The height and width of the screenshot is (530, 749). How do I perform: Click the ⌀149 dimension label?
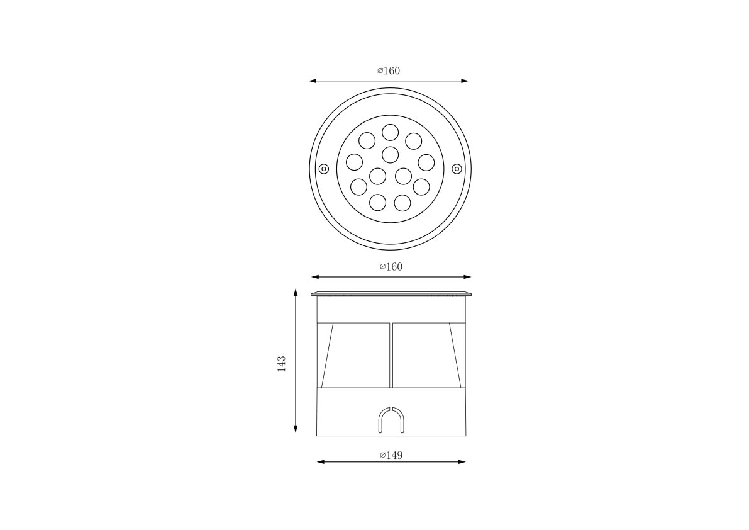click(x=391, y=455)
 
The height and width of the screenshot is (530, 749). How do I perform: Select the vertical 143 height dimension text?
click(x=281, y=364)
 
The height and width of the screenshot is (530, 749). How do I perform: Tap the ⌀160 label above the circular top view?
click(x=389, y=70)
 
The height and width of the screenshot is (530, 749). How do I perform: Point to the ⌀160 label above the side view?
click(x=391, y=267)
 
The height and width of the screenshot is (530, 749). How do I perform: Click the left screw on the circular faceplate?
click(x=324, y=169)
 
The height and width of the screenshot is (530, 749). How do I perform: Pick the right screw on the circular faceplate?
click(x=457, y=169)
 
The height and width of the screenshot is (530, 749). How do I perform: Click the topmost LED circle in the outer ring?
click(x=391, y=132)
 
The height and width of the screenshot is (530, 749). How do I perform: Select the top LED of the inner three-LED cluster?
click(x=391, y=154)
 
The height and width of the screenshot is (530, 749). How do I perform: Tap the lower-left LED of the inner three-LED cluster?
click(x=377, y=176)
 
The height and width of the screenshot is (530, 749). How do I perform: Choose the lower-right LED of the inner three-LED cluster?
click(x=404, y=176)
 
